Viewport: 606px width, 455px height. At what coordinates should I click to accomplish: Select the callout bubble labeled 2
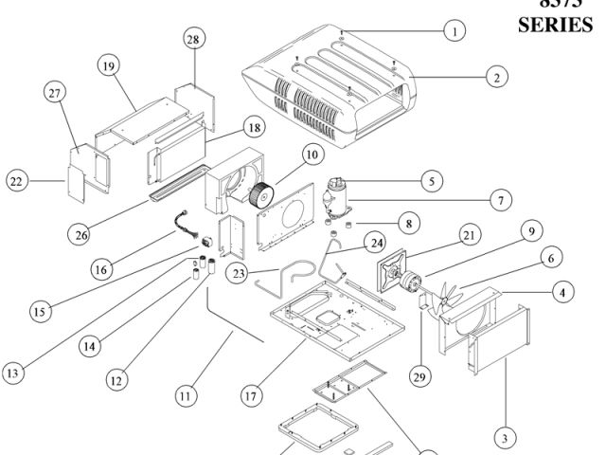pyautogui.click(x=494, y=78)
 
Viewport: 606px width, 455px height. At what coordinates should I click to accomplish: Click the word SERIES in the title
pyautogui.click(x=555, y=26)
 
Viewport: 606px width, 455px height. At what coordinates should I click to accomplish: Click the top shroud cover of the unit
pyautogui.click(x=331, y=85)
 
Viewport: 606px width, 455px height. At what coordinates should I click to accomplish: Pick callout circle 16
pyautogui.click(x=101, y=268)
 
